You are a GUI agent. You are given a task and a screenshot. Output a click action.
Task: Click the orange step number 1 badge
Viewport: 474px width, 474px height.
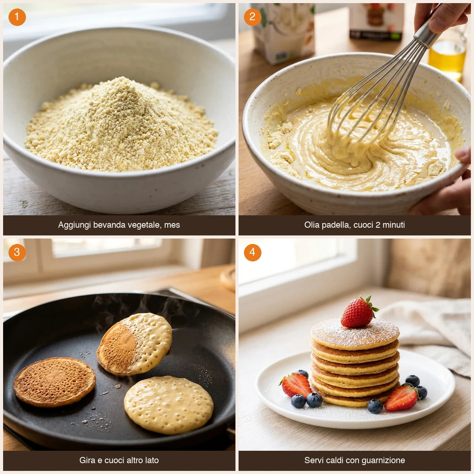(17, 17)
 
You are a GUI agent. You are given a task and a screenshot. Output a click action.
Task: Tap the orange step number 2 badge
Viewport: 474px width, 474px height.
(252, 17)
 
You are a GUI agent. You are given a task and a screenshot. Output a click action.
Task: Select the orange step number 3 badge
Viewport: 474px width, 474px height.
(17, 252)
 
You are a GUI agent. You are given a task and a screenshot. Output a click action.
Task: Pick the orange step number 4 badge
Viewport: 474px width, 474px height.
(252, 252)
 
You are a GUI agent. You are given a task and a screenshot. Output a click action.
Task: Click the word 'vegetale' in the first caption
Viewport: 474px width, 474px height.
(146, 225)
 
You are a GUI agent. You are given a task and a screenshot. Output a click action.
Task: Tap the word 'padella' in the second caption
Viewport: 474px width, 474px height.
(336, 225)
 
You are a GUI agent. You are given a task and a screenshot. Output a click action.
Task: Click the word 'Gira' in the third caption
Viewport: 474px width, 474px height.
(87, 460)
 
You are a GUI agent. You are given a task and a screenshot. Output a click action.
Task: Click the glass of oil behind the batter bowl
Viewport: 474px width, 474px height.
(447, 58)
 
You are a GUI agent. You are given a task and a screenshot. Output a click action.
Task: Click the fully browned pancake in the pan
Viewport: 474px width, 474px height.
(54, 382)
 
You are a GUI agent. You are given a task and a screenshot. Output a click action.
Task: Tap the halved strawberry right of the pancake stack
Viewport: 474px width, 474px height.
(401, 398)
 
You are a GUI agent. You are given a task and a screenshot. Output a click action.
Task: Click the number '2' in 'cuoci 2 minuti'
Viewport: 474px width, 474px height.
(378, 225)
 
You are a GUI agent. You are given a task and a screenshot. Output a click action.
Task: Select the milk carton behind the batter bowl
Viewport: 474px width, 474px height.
(284, 31)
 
